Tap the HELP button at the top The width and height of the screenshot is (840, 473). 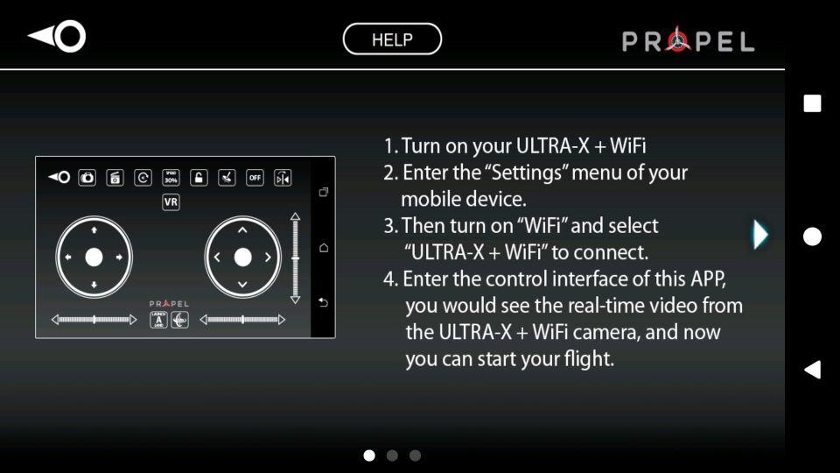point(392,39)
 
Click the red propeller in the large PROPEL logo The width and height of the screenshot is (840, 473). point(678,39)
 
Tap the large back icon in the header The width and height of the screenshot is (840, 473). point(57,37)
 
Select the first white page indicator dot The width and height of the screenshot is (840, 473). point(369,455)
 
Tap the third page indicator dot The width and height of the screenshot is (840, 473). point(415,455)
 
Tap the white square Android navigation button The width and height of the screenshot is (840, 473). point(812,103)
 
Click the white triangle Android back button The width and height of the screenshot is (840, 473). point(813,370)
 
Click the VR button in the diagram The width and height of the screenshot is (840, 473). point(171,202)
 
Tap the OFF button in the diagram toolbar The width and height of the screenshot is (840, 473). point(255,178)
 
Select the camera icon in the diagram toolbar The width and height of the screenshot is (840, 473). point(87,178)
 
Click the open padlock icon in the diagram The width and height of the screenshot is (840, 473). point(199,178)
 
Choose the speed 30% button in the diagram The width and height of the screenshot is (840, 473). point(171,178)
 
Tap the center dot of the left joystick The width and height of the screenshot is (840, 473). point(94,258)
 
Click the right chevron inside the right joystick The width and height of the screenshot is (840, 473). point(268,258)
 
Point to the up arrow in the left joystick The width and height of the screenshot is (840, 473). point(94,230)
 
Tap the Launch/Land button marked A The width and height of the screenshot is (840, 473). point(158,320)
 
